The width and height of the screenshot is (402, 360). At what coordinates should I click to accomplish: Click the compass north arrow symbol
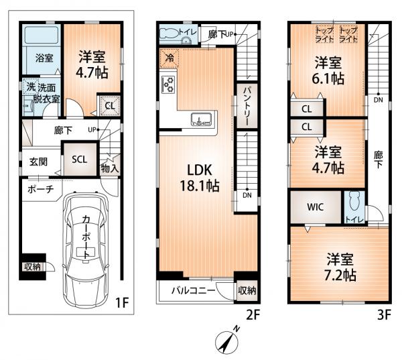tap(227, 341)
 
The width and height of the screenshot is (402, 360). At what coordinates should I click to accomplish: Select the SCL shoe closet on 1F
tap(80, 160)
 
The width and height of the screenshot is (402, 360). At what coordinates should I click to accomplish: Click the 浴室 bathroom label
tap(44, 58)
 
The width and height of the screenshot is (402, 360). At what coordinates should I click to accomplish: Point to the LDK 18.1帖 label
tap(200, 178)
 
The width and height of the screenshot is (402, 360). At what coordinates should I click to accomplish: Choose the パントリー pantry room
tap(247, 106)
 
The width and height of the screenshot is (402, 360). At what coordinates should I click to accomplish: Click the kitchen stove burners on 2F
tap(168, 84)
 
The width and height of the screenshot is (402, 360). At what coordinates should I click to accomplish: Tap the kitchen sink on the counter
tap(201, 119)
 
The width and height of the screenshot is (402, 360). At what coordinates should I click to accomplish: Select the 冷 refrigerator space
tap(169, 58)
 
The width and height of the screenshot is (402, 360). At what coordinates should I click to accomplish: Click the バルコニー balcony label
tap(194, 290)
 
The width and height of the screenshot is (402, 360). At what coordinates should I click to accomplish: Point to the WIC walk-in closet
tap(316, 207)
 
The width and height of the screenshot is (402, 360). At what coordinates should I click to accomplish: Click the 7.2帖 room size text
tap(340, 276)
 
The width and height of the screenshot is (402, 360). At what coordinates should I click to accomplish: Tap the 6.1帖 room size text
tap(328, 78)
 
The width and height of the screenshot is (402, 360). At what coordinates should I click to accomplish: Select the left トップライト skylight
tap(324, 34)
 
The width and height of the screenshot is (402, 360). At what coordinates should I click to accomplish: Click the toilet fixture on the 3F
tap(355, 203)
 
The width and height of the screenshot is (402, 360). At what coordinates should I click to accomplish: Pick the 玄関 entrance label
tap(38, 162)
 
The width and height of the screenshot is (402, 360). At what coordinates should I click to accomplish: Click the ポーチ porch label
tap(41, 189)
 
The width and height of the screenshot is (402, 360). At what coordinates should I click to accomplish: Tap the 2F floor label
tap(253, 314)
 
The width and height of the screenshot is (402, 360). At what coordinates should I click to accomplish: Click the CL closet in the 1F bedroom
tap(110, 106)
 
